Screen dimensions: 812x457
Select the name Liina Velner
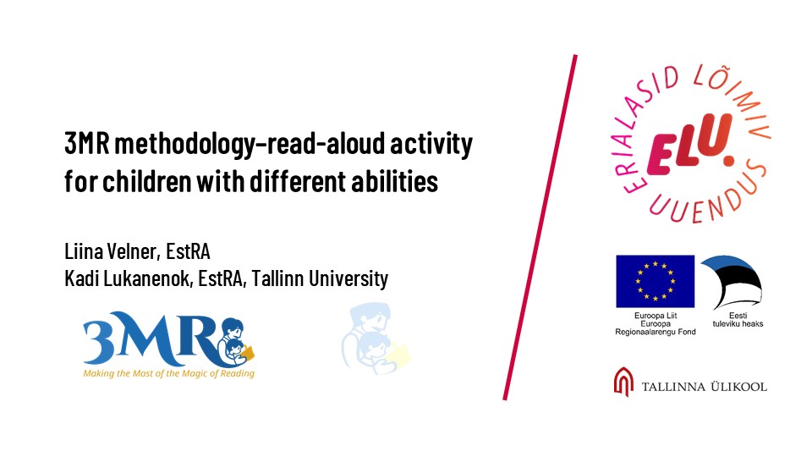(x=110, y=251)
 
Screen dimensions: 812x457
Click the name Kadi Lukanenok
(x=129, y=278)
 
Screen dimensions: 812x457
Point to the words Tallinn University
(x=320, y=278)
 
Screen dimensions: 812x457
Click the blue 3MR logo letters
(x=153, y=339)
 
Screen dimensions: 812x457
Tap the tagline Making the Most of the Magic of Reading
(x=169, y=373)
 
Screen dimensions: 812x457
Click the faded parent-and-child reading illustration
(x=376, y=339)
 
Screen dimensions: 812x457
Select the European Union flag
(x=655, y=281)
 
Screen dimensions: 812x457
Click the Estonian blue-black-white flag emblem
(x=732, y=282)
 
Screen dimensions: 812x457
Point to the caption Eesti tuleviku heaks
(x=738, y=320)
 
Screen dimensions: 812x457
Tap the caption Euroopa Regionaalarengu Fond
(x=655, y=328)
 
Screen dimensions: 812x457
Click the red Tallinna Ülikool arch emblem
(x=623, y=382)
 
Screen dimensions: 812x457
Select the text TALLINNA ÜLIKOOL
(x=705, y=387)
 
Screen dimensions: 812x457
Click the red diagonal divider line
(x=540, y=227)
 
